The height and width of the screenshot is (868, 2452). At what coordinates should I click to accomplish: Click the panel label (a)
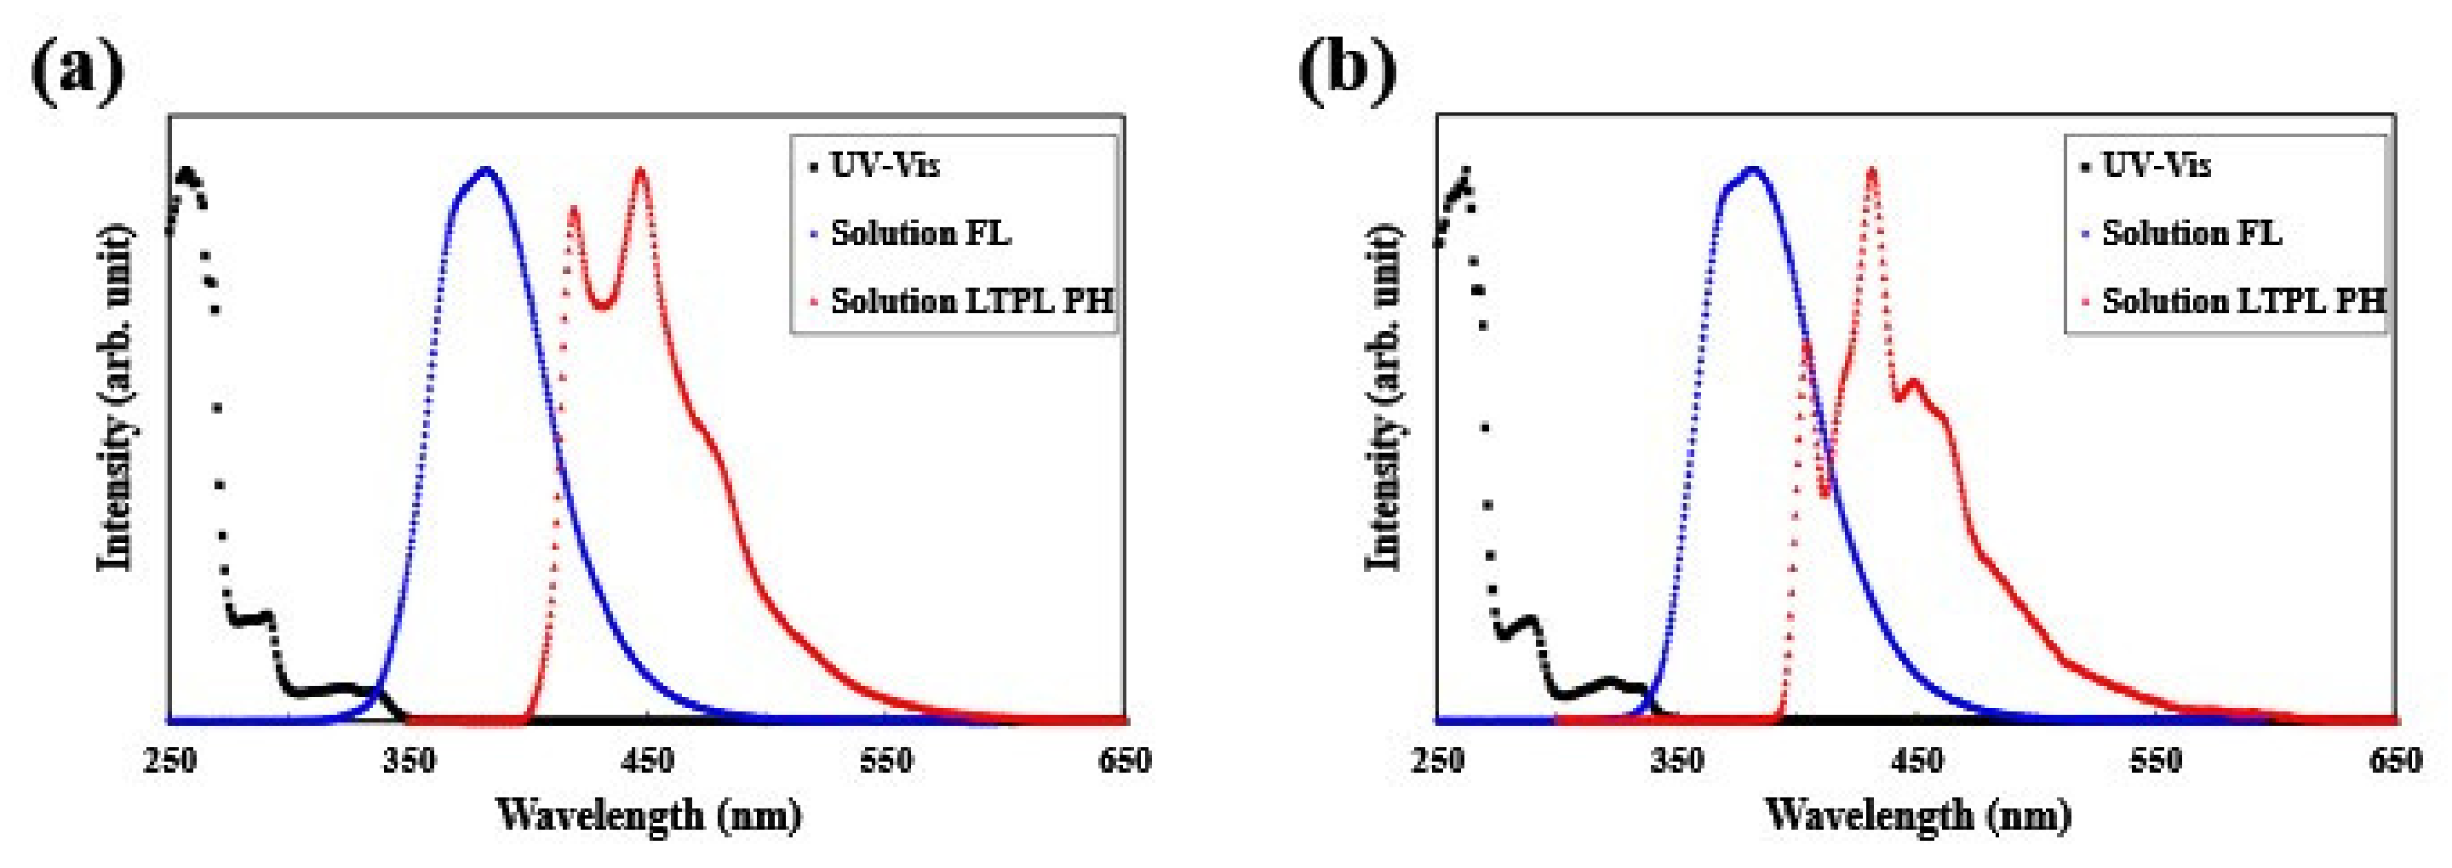click(x=78, y=71)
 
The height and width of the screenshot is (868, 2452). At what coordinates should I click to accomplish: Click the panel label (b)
click(x=1348, y=71)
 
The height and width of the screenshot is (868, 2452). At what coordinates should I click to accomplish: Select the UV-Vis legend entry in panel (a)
click(x=885, y=166)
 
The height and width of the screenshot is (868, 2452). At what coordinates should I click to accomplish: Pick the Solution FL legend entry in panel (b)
click(x=2191, y=233)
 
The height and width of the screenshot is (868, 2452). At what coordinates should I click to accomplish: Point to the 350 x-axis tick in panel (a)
click(x=409, y=762)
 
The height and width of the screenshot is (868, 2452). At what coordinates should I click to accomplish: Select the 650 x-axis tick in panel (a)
click(x=1124, y=762)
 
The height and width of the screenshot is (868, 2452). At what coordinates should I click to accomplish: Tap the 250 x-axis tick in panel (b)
click(x=1436, y=762)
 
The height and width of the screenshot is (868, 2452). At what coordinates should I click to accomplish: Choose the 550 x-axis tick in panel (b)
click(x=2155, y=762)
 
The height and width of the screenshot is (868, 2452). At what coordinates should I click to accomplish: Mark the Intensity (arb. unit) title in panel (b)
click(x=1385, y=398)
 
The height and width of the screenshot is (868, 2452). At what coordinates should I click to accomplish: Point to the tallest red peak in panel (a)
click(x=639, y=171)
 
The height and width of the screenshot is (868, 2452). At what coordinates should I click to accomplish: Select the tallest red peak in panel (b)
click(x=1871, y=170)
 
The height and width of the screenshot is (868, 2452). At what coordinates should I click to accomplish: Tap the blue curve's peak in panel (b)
click(x=1751, y=170)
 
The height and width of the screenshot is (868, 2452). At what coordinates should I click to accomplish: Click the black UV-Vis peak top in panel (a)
click(x=187, y=174)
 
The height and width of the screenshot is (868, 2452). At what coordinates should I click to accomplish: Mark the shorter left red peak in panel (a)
click(x=573, y=208)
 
